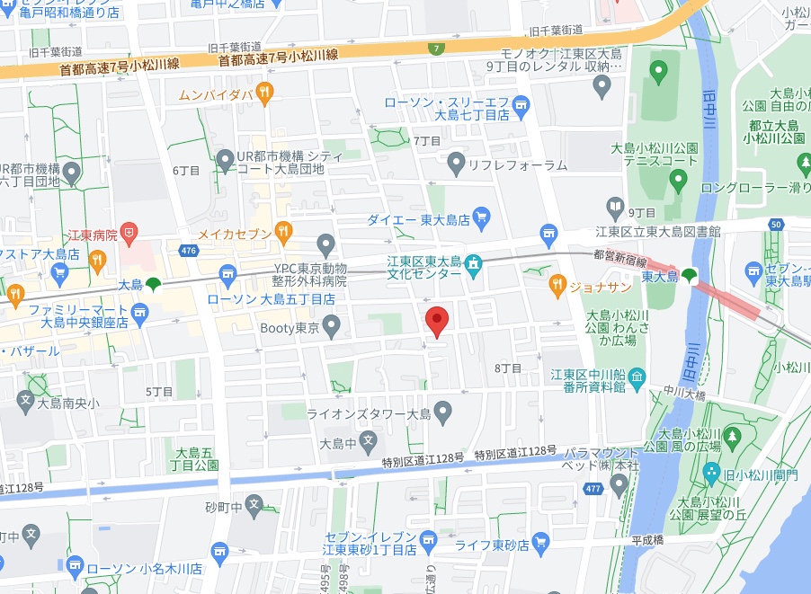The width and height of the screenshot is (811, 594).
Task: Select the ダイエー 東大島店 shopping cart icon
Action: click(481, 217)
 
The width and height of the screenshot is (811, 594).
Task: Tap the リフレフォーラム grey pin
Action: click(456, 164)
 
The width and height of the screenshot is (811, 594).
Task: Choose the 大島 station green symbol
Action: click(153, 284)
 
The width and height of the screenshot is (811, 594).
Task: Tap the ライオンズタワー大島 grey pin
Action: click(441, 412)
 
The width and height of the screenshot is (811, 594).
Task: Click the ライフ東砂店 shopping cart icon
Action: click(540, 542)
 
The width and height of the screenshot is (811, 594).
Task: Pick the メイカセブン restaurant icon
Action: click(283, 232)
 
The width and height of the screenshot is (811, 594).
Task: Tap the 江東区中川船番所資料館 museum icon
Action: click(637, 376)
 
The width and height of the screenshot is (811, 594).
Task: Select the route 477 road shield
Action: click(593, 490)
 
